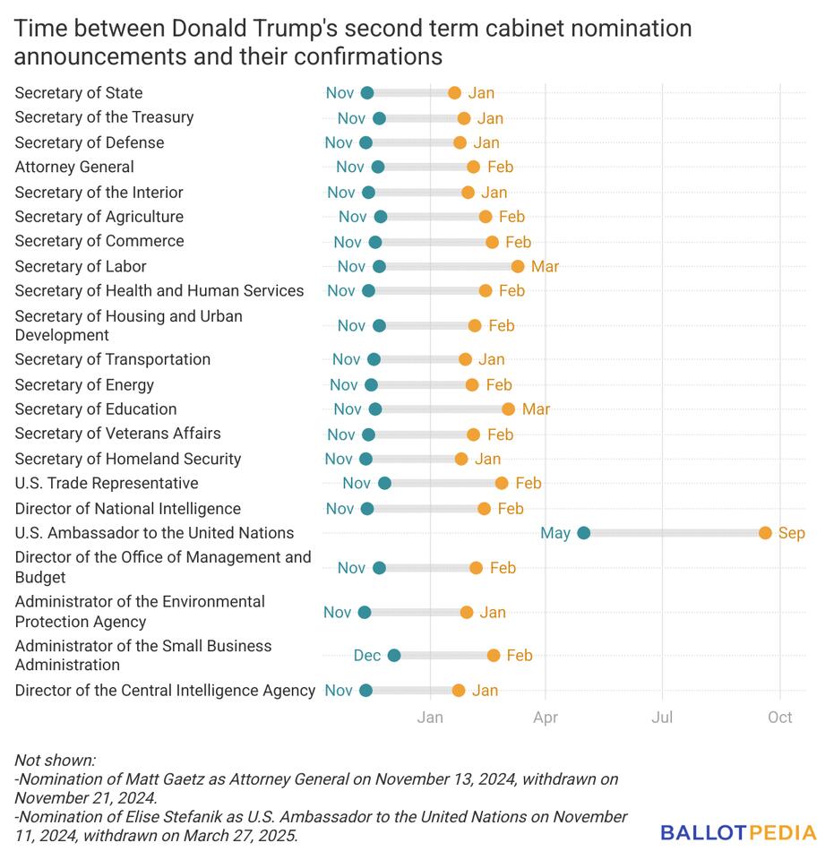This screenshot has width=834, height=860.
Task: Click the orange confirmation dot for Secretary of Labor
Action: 518,266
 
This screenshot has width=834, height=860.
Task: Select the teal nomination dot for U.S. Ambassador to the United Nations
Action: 583,533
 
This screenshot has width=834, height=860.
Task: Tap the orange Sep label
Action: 792,533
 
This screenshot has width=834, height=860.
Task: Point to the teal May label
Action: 555,533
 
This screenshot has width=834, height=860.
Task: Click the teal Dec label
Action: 367,656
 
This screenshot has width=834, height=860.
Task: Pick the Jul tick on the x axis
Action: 662,717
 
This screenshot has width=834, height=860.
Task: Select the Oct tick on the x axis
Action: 779,717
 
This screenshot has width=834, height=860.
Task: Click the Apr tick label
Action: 546,717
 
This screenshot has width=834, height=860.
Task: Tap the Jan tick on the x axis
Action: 430,717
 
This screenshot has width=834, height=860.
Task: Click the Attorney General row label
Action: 74,167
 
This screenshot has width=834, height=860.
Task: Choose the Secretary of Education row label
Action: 96,409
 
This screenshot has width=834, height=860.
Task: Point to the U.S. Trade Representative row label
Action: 107,484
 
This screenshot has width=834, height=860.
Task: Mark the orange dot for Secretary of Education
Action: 508,409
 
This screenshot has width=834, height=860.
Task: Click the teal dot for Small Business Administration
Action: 394,656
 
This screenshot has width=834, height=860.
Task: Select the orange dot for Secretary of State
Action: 454,93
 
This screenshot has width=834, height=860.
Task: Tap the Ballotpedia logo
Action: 738,833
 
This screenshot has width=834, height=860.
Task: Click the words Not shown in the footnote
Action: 55,761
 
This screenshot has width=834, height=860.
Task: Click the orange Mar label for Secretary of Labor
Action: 545,266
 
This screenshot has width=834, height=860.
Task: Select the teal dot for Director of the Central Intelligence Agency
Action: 365,691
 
